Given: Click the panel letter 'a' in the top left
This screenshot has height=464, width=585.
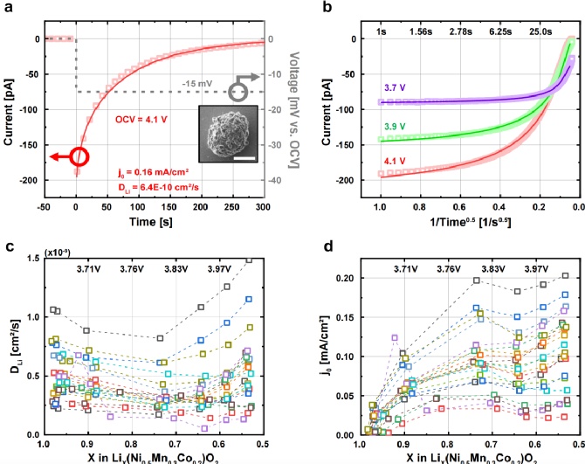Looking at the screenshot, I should coord(8,9).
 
